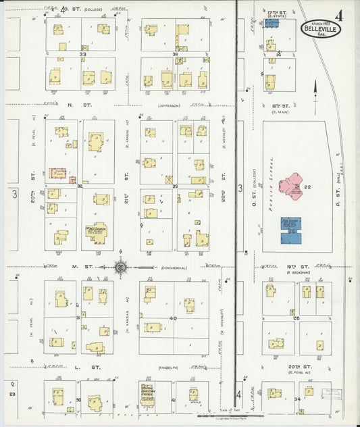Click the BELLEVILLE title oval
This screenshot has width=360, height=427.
pos(321,30)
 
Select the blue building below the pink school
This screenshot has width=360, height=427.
pos(291,230)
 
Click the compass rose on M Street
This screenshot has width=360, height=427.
pos(120,268)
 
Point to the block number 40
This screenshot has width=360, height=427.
pos(173,318)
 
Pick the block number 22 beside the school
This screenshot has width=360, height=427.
pos(307,187)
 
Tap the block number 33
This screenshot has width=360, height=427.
pos(82,53)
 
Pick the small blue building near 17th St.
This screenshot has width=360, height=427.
pos(272,23)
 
